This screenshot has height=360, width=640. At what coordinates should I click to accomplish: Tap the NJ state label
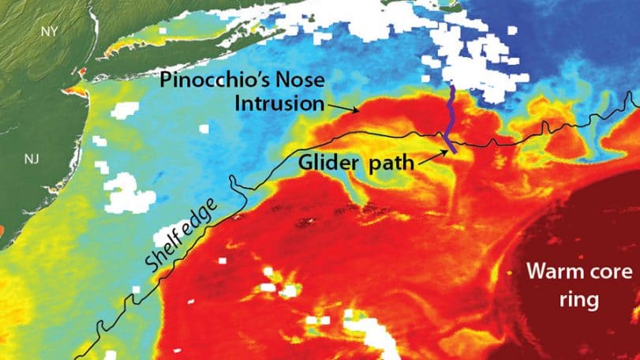[x=31, y=159]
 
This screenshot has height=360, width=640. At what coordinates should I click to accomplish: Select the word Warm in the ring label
[x=556, y=272]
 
